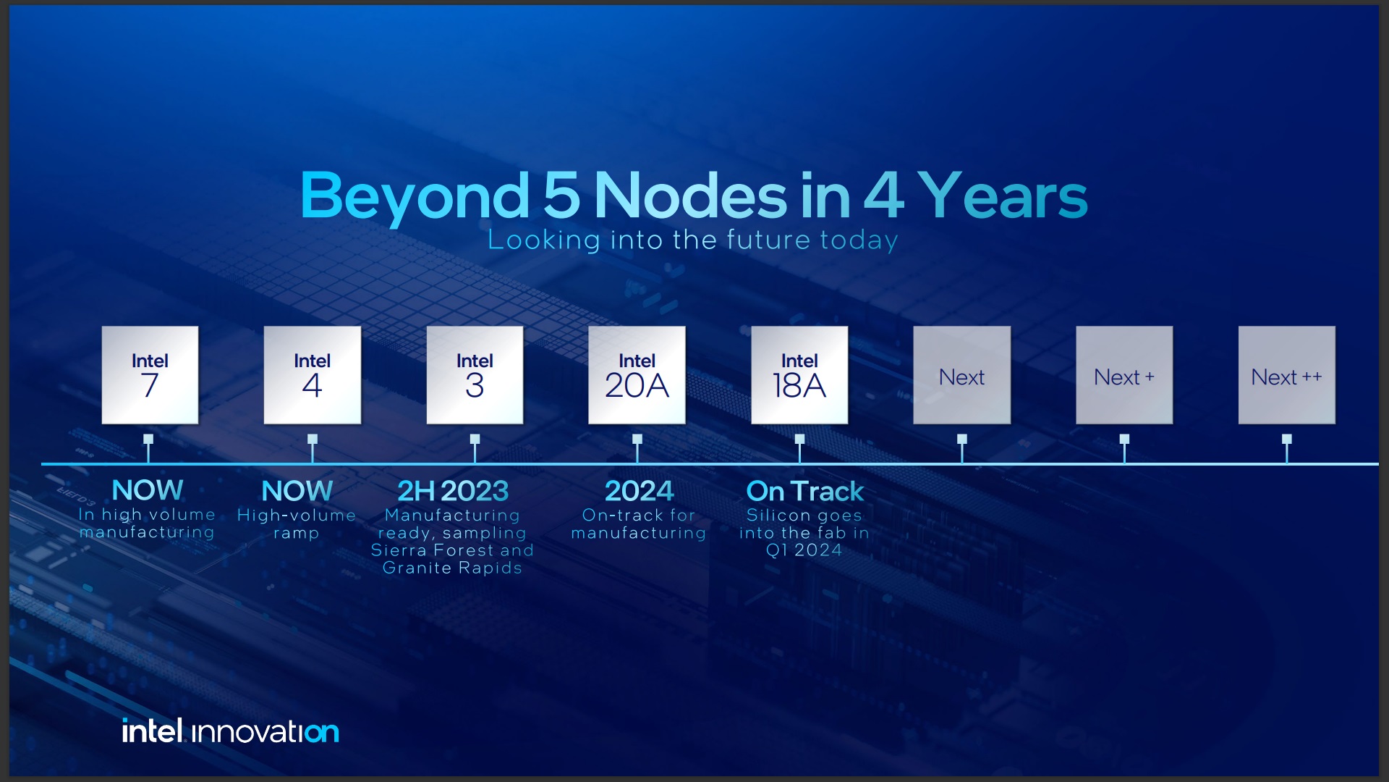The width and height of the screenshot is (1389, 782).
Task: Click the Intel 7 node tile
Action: tap(150, 375)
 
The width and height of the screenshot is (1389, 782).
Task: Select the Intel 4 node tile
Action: tap(312, 375)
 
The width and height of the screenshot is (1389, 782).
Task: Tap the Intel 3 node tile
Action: tap(475, 375)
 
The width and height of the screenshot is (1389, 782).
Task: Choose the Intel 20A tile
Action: tap(637, 375)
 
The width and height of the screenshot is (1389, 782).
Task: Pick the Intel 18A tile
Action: tap(799, 375)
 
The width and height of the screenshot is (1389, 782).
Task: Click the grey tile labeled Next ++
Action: tap(1286, 375)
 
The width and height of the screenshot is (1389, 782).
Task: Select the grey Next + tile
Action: tap(1123, 375)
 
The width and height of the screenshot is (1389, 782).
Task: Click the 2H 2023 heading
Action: tap(453, 491)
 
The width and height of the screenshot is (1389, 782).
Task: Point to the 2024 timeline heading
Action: tap(639, 491)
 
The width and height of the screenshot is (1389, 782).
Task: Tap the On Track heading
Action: tap(804, 491)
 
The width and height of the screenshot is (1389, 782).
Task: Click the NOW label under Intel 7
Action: tap(148, 490)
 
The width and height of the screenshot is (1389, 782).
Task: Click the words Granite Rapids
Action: tap(452, 568)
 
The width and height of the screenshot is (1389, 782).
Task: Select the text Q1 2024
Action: tap(804, 550)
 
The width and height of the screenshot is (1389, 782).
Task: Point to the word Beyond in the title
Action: tap(415, 195)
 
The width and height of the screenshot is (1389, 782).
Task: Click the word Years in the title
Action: tap(1002, 195)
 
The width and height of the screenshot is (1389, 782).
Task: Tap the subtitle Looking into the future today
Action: tap(692, 240)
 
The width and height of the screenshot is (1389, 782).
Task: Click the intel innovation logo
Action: tap(230, 731)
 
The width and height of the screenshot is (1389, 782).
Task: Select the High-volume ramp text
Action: tap(297, 524)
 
